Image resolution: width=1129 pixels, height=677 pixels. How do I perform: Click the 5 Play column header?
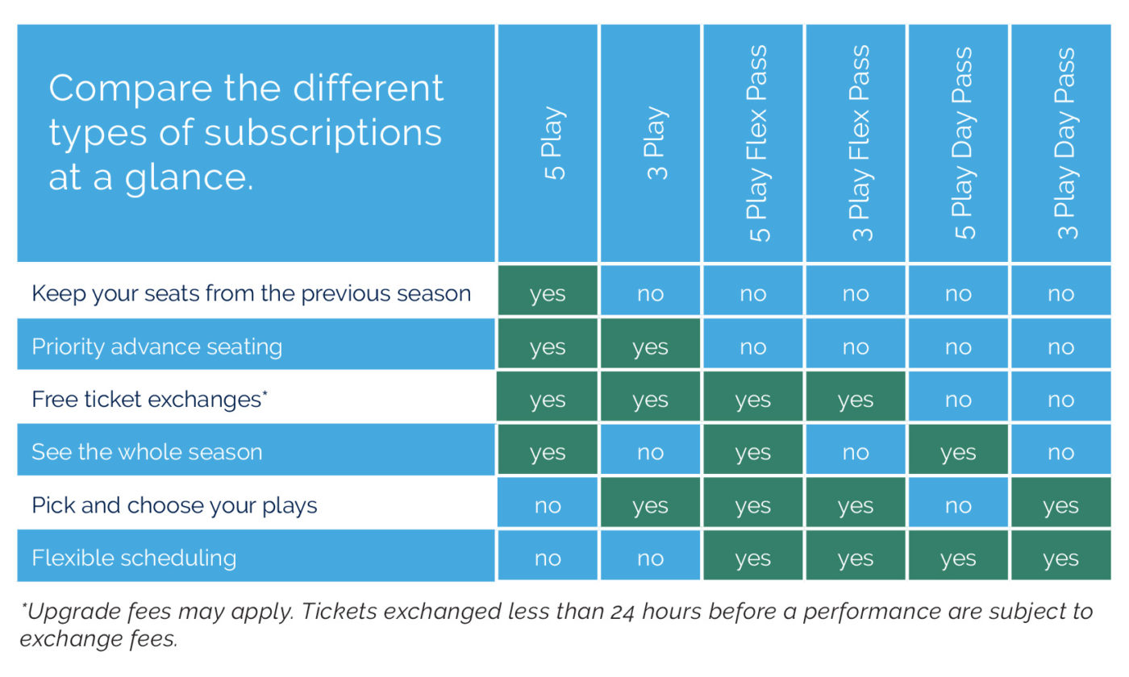554,143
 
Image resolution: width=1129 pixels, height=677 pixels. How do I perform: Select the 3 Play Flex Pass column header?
861,143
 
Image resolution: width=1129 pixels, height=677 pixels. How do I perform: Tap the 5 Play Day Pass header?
964,143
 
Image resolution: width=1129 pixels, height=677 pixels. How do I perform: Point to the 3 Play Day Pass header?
1066,143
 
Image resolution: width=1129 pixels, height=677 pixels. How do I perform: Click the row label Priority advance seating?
156,347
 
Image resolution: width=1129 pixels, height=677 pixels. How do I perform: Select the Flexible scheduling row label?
134,558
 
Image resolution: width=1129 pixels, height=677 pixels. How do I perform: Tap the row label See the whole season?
147,452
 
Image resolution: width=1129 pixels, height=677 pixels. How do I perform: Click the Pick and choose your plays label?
174,505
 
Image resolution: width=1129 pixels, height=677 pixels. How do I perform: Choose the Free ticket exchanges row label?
149,400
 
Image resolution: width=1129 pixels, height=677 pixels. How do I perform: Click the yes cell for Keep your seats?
548,291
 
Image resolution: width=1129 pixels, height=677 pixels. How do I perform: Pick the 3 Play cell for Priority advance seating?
650,343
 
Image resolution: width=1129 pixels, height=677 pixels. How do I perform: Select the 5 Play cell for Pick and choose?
548,502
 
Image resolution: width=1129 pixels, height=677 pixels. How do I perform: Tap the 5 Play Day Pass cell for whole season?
958,450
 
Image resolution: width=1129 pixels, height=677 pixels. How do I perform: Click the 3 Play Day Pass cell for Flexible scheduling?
1061,555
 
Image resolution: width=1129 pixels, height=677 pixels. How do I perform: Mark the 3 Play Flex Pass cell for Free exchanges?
856,397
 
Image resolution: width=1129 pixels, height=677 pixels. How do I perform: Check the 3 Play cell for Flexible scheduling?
650,555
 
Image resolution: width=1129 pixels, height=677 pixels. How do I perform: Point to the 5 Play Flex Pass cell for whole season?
753,450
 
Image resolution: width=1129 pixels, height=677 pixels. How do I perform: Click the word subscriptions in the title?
323,135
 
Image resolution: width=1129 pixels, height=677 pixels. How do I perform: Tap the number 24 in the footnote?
623,613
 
